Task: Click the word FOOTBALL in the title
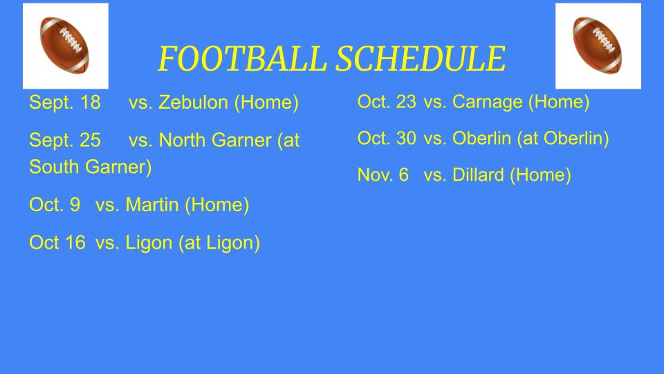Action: (x=242, y=58)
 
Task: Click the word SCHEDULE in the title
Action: (x=421, y=58)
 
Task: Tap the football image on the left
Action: (x=66, y=46)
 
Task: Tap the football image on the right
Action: (x=598, y=46)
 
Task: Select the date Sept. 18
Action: (x=65, y=103)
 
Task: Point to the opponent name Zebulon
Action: (x=193, y=103)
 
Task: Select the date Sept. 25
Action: (x=65, y=141)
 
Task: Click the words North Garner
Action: (x=215, y=140)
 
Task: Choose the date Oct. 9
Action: (x=55, y=205)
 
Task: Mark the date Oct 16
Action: (x=57, y=242)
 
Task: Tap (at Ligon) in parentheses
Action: (x=219, y=243)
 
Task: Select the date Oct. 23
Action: (x=387, y=102)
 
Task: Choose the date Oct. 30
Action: (x=387, y=139)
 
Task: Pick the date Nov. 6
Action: (x=383, y=175)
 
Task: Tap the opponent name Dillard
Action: (x=478, y=175)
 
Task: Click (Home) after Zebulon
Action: (x=266, y=103)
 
